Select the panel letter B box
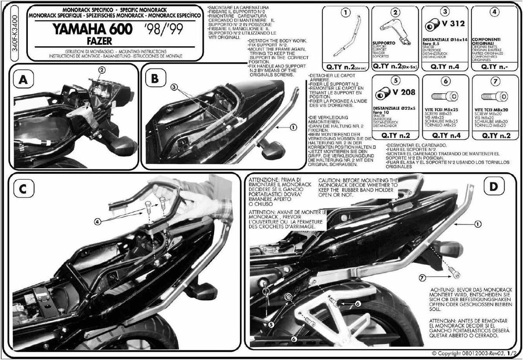(156, 79)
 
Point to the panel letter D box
(493, 187)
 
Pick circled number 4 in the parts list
(493, 12)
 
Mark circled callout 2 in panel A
(101, 69)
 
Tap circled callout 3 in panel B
(174, 87)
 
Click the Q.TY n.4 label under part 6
(443, 136)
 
